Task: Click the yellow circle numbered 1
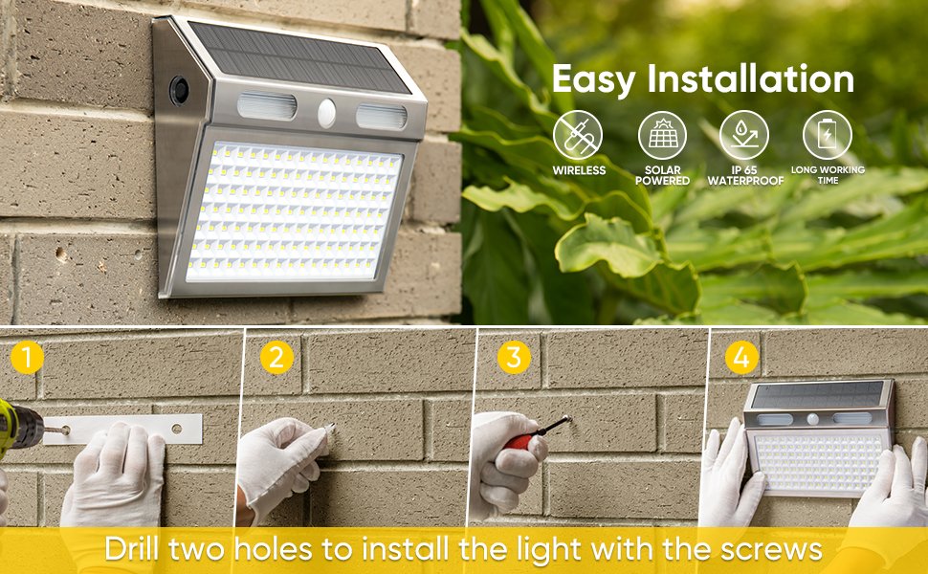(27, 358)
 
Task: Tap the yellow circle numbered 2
(276, 358)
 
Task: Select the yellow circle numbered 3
(514, 358)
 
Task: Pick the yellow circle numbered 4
(741, 358)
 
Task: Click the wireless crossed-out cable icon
(578, 135)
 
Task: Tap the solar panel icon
(662, 135)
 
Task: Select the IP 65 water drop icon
(744, 135)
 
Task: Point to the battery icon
(828, 135)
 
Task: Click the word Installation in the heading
(750, 79)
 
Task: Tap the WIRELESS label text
(579, 170)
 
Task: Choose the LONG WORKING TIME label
(828, 174)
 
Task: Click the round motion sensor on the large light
(326, 114)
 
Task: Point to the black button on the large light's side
(179, 91)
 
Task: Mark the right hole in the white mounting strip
(176, 428)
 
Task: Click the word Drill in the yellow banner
(131, 549)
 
